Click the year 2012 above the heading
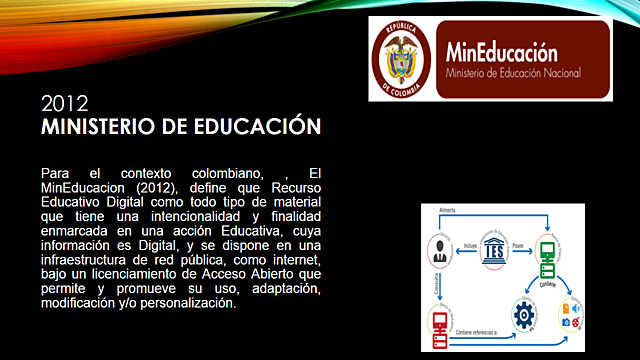tap(65, 104)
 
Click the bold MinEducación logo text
tap(502, 51)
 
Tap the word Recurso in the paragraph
tap(296, 187)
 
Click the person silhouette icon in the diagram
tap(439, 248)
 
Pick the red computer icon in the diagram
tap(440, 322)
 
